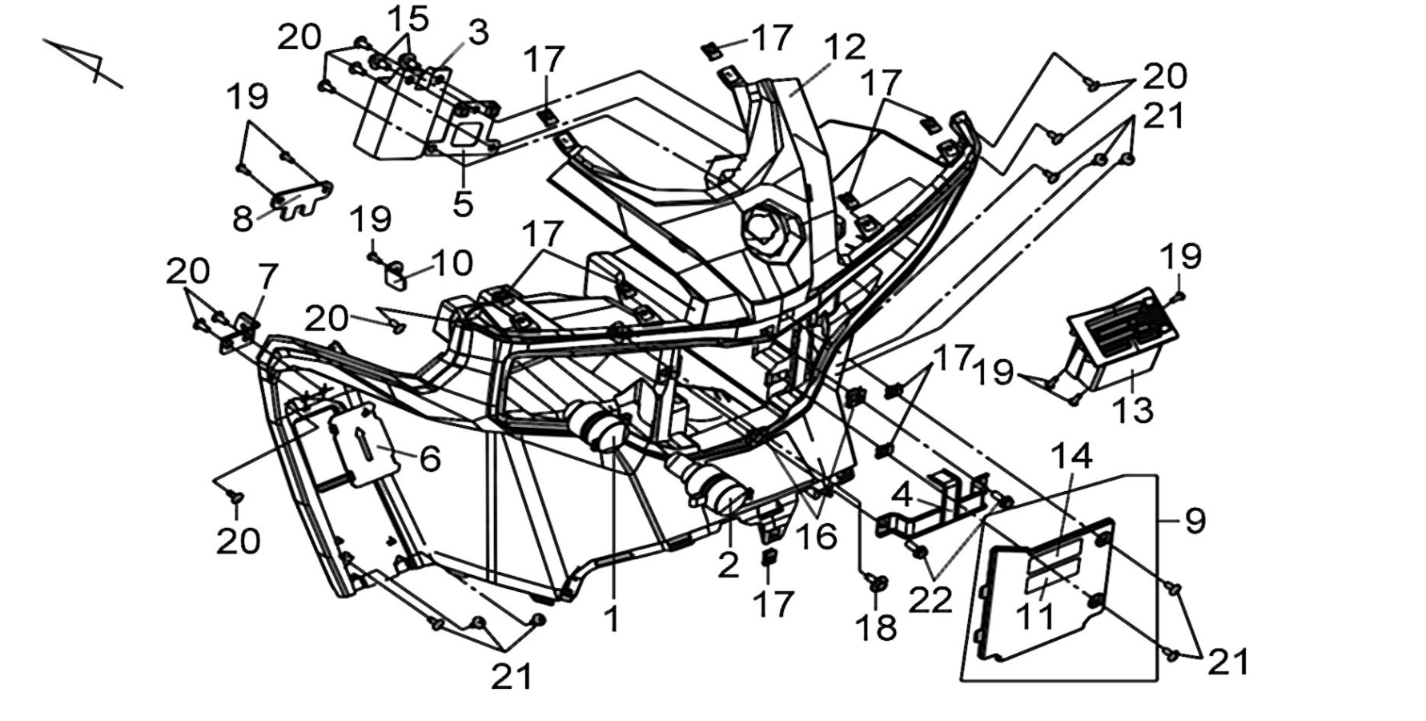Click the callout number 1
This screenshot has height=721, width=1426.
tap(613, 618)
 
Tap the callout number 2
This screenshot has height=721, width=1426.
tap(728, 566)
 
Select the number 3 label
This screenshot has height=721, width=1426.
tap(478, 33)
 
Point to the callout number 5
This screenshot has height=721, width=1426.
tap(463, 203)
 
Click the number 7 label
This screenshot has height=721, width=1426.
tap(267, 277)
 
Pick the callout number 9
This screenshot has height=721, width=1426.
tap(1195, 522)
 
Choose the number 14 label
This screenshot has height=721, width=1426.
tap(1071, 456)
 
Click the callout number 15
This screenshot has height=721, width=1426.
tap(408, 18)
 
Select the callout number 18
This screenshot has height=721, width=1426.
tap(877, 628)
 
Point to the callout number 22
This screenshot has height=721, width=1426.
tap(930, 599)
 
